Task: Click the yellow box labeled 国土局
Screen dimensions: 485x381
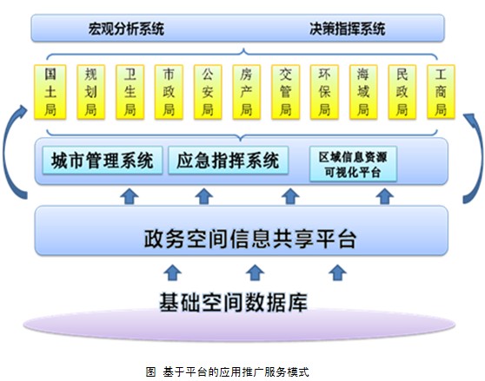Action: pyautogui.click(x=50, y=92)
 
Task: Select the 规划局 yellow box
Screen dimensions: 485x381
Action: pyautogui.click(x=90, y=92)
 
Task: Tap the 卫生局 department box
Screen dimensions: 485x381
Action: pyautogui.click(x=130, y=92)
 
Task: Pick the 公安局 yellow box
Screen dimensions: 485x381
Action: pyautogui.click(x=208, y=92)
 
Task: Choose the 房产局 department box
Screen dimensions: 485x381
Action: pyautogui.click(x=247, y=92)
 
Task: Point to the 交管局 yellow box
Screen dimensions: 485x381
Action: pyautogui.click(x=285, y=92)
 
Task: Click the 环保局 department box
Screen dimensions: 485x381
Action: pyautogui.click(x=324, y=92)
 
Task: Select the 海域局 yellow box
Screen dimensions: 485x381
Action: pyautogui.click(x=363, y=92)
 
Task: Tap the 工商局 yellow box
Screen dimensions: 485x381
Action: pyautogui.click(x=441, y=92)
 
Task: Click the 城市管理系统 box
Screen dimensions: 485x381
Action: pyautogui.click(x=103, y=161)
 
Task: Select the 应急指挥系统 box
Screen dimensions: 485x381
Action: pyautogui.click(x=229, y=161)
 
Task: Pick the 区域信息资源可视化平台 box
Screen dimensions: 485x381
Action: pyautogui.click(x=353, y=164)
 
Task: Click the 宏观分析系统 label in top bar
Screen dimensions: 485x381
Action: pyautogui.click(x=126, y=29)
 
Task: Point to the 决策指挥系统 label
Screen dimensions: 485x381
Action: pyautogui.click(x=348, y=29)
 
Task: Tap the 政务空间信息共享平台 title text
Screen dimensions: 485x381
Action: pyautogui.click(x=250, y=239)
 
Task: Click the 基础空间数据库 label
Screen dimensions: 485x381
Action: pyautogui.click(x=233, y=302)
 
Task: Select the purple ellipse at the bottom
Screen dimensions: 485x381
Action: pyautogui.click(x=239, y=325)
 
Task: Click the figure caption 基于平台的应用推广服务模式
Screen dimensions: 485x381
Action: pyautogui.click(x=236, y=371)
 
